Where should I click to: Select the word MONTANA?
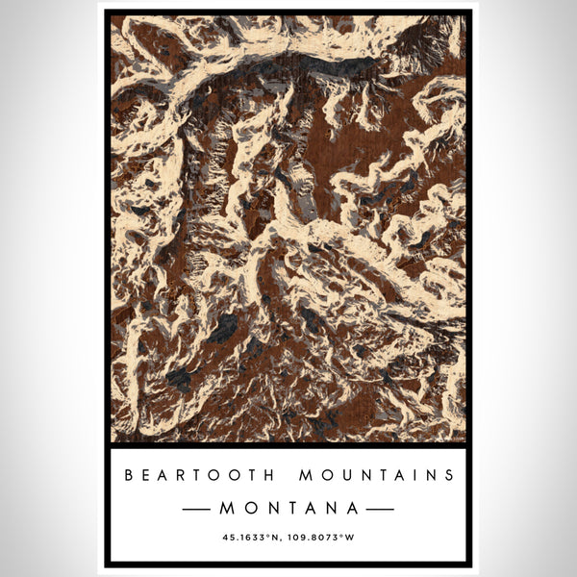(288, 507)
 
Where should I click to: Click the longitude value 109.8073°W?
(320, 537)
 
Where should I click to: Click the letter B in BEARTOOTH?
(128, 474)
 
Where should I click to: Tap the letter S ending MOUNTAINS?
(448, 474)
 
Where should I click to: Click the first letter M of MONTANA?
(225, 507)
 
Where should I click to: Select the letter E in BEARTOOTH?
(143, 474)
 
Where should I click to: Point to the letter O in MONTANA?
(247, 507)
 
